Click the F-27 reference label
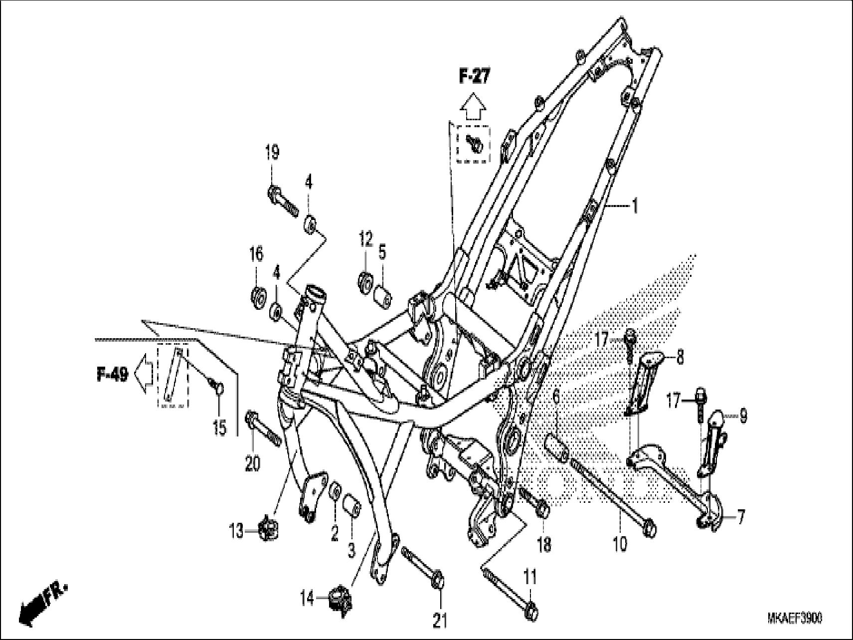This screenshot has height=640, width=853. point(474,77)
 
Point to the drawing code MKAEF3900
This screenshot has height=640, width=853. point(795,619)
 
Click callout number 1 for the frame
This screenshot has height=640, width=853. point(635,206)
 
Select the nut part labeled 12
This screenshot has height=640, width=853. point(365,281)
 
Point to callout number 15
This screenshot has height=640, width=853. point(219,427)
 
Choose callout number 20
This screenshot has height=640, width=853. point(252,464)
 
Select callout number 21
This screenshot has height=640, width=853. point(439,622)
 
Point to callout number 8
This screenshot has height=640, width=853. point(680,357)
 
